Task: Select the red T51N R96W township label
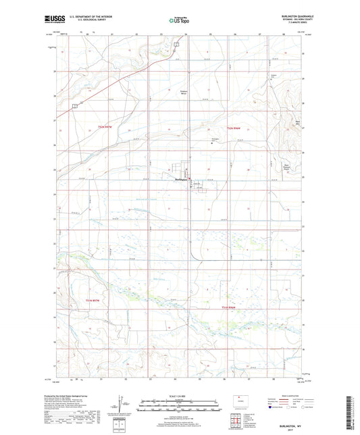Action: pyautogui.click(x=230, y=305)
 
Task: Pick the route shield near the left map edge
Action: pyautogui.click(x=76, y=105)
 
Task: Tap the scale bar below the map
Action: pyautogui.click(x=180, y=403)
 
